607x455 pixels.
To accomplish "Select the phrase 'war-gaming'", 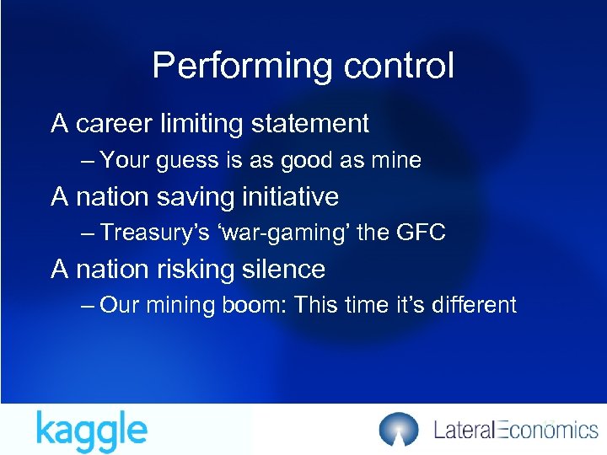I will tap(287, 233).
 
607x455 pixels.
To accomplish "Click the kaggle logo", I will tap(91, 431).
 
